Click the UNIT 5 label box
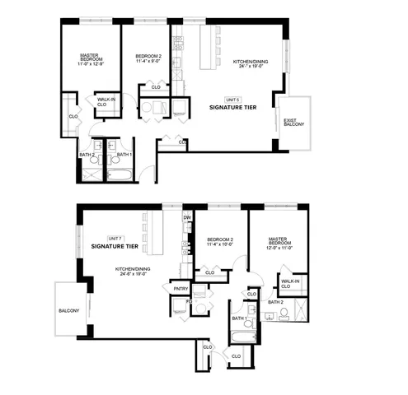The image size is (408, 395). coord(232,100)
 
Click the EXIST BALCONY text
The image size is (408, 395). coord(293,123)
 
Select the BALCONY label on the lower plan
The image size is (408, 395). coord(69,310)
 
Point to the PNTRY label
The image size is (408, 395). coord(180,289)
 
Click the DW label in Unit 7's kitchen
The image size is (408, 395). coord(187,217)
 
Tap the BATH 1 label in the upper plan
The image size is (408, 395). coord(124,154)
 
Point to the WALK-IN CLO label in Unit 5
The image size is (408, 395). coord(102,103)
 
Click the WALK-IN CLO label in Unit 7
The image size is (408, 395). coord(290,284)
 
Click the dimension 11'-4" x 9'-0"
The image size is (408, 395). coord(149,61)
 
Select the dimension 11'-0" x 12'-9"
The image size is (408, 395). coord(91,64)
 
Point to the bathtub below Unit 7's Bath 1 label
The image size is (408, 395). coord(239,337)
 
